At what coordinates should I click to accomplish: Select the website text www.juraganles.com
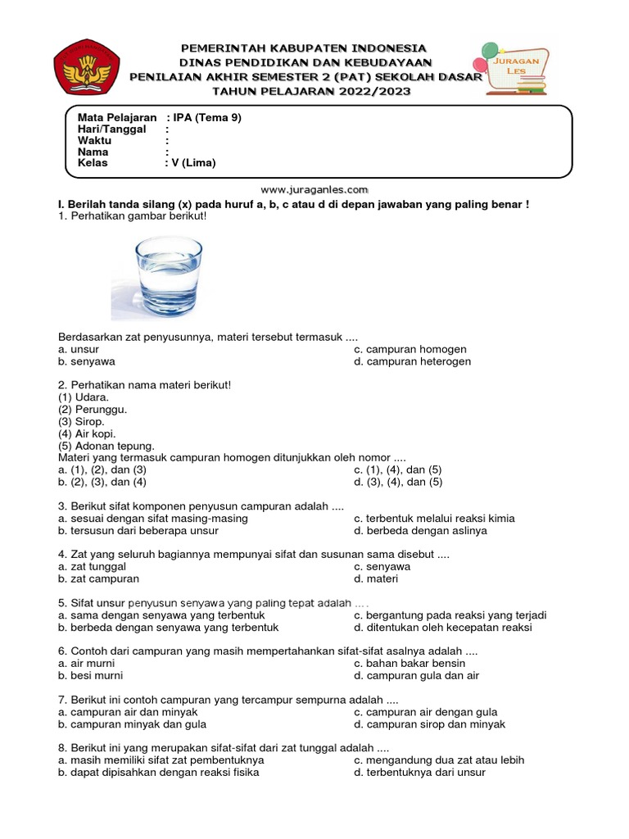click(314, 188)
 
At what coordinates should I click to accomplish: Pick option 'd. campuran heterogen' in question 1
click(412, 361)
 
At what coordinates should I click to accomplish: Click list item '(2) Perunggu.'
click(93, 410)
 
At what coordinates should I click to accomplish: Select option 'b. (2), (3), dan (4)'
click(102, 483)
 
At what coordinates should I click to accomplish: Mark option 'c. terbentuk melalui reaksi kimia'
click(434, 519)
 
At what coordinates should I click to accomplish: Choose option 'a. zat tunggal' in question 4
click(92, 566)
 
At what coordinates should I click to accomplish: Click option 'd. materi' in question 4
click(376, 578)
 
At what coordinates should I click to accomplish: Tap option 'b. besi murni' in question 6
click(91, 676)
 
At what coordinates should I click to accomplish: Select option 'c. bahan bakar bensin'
click(410, 664)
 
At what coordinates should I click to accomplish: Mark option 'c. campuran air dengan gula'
click(425, 712)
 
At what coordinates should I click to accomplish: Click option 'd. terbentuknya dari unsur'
click(419, 773)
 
